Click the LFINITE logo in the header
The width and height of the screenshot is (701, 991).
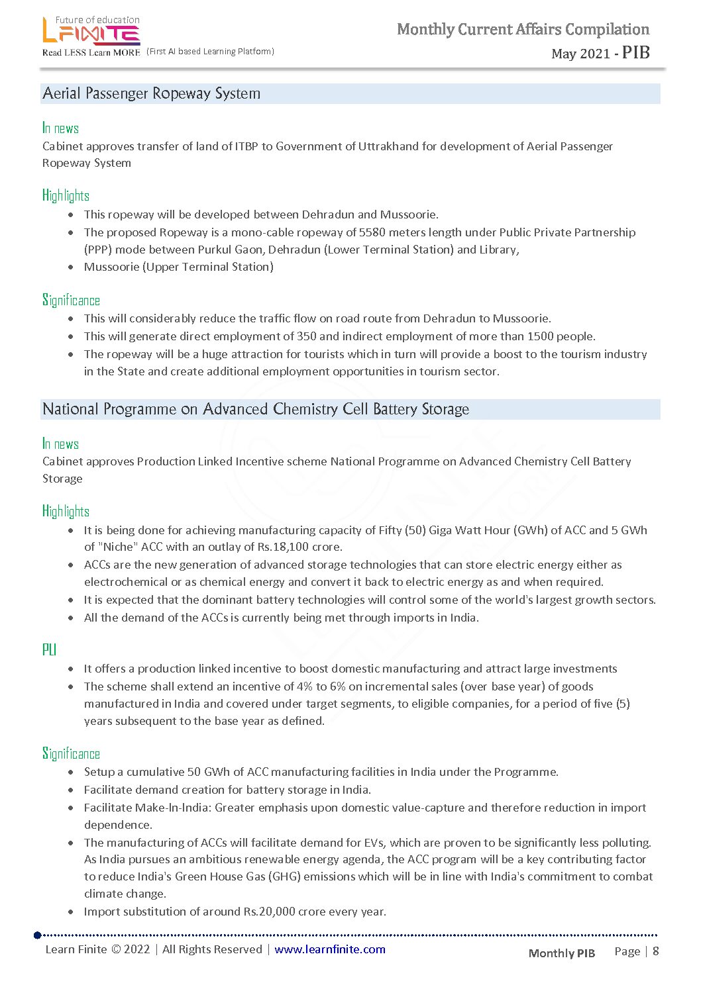91,32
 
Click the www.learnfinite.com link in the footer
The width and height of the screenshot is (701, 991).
329,949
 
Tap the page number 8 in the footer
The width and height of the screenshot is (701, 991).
656,951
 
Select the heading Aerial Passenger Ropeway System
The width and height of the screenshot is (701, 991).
151,93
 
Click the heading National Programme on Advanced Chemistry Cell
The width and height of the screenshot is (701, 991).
255,409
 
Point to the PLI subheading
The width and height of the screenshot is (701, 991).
49,649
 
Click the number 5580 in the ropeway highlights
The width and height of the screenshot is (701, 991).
372,232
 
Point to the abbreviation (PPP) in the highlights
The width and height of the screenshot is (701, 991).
97,250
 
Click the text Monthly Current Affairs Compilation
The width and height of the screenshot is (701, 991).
523,29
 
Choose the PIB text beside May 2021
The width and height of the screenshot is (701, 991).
635,52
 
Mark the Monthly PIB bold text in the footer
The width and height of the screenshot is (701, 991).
561,953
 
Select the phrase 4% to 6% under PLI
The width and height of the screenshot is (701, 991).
321,686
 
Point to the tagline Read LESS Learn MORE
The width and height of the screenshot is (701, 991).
91,52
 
